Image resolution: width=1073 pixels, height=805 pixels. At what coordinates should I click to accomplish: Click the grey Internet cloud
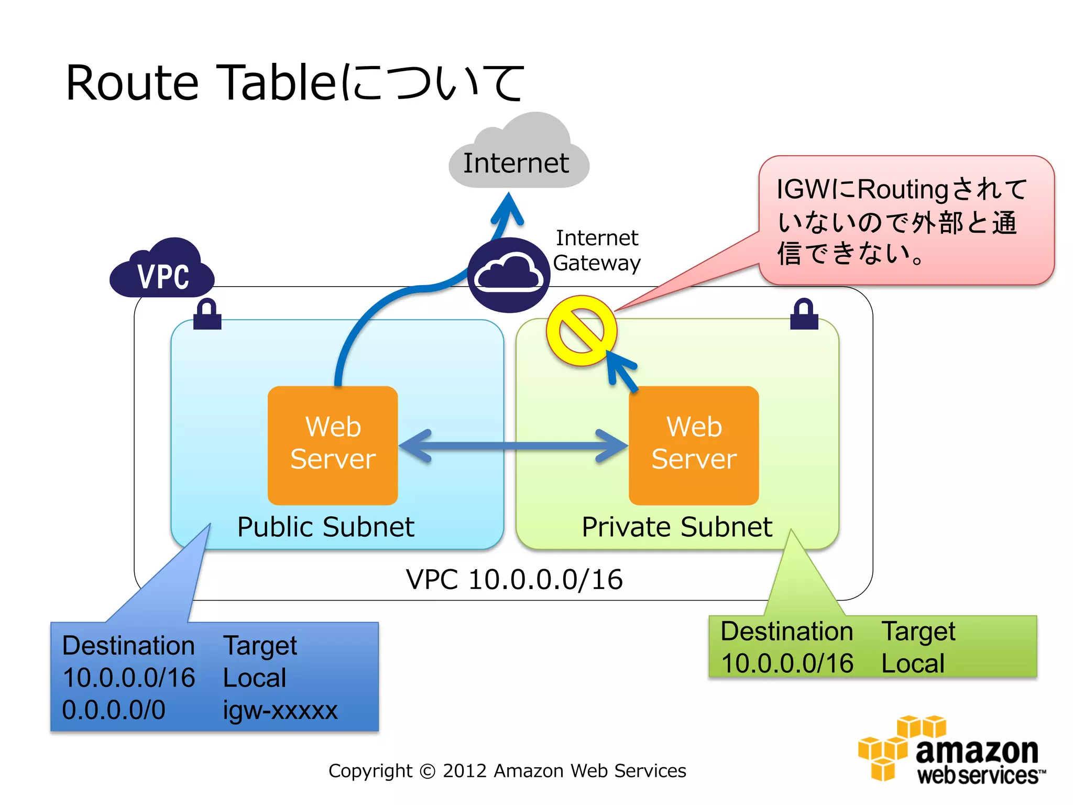point(519,157)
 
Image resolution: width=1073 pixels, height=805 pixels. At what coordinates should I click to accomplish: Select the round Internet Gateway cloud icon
point(508,275)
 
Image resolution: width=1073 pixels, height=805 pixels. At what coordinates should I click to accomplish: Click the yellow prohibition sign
point(582,331)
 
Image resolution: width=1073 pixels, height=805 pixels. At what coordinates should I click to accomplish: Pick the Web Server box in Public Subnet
point(333,445)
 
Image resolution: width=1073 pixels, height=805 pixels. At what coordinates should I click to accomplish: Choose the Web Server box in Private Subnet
point(694,445)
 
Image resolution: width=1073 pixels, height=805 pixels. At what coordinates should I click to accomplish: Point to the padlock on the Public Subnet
point(207,314)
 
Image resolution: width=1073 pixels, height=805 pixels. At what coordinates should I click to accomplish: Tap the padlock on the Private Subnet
point(804,314)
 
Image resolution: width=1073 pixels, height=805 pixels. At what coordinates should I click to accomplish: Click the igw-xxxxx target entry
point(280,710)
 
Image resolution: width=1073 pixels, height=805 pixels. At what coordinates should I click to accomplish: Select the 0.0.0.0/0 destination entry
point(114,710)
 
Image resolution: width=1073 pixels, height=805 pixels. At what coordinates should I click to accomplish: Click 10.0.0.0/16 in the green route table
point(787,663)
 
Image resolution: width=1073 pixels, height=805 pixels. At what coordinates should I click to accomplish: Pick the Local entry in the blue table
point(255,678)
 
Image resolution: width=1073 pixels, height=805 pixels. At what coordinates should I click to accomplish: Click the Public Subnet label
point(325,527)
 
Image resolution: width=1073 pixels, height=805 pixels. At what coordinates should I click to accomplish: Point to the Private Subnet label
point(677,527)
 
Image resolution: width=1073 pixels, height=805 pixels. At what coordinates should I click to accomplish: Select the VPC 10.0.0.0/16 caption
point(514,580)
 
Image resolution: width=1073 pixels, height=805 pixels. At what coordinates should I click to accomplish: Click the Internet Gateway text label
point(597,251)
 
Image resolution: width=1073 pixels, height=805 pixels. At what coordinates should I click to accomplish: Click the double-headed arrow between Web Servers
point(513,446)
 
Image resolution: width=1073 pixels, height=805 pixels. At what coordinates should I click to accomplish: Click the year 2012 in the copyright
point(464,771)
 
